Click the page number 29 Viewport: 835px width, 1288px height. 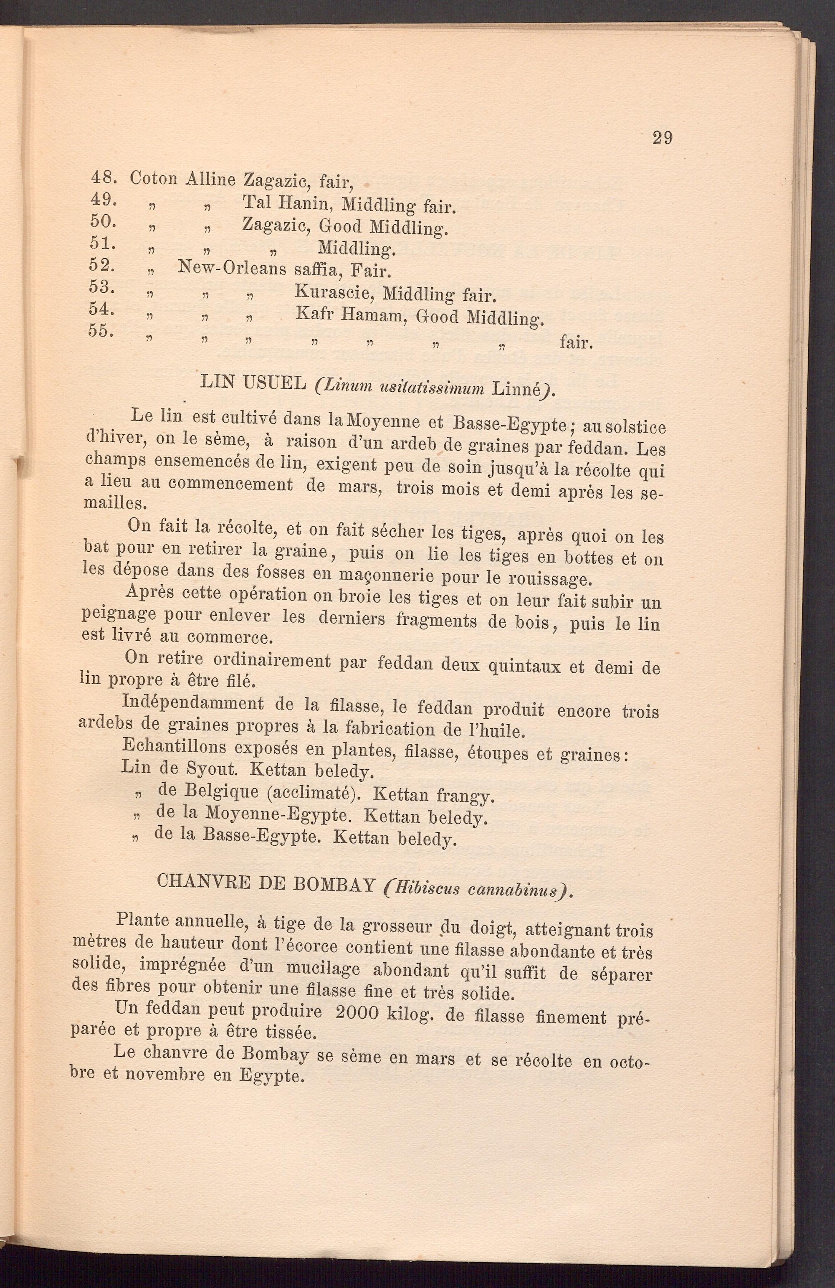click(x=663, y=138)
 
